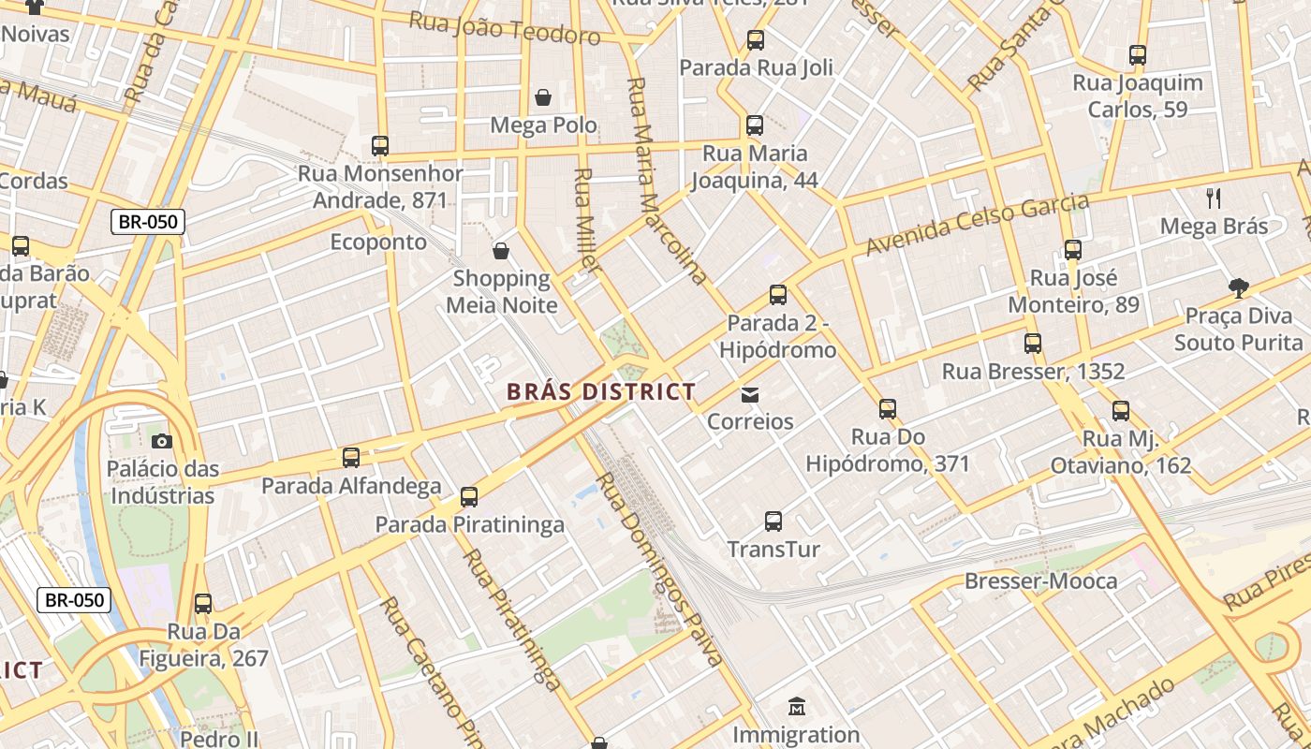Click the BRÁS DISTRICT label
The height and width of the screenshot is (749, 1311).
point(600,392)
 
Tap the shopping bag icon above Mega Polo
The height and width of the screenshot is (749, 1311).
point(542,97)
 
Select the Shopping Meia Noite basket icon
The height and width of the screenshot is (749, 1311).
point(501,251)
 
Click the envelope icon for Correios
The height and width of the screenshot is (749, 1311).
point(750,394)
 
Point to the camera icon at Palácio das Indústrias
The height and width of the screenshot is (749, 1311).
point(161,441)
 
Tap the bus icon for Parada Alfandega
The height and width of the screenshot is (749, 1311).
point(351,458)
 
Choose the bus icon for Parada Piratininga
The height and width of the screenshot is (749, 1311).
point(469,497)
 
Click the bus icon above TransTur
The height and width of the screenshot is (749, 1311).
point(773,521)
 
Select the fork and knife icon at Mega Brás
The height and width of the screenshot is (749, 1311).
point(1214,198)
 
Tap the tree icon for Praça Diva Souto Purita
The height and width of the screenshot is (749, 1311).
point(1238,287)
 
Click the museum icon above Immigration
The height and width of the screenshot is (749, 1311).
point(796,706)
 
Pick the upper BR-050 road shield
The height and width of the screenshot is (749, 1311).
point(148,222)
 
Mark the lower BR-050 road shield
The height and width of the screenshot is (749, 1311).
point(74,600)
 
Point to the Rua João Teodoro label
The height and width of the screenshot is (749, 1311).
point(505,29)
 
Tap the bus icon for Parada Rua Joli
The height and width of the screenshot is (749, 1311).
point(755,40)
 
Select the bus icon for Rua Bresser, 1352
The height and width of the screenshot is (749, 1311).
point(1033,344)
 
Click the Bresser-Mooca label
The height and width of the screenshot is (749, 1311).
point(1040,581)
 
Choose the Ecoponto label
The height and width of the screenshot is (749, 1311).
point(378,242)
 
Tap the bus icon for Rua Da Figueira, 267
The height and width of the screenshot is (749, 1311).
point(203,604)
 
